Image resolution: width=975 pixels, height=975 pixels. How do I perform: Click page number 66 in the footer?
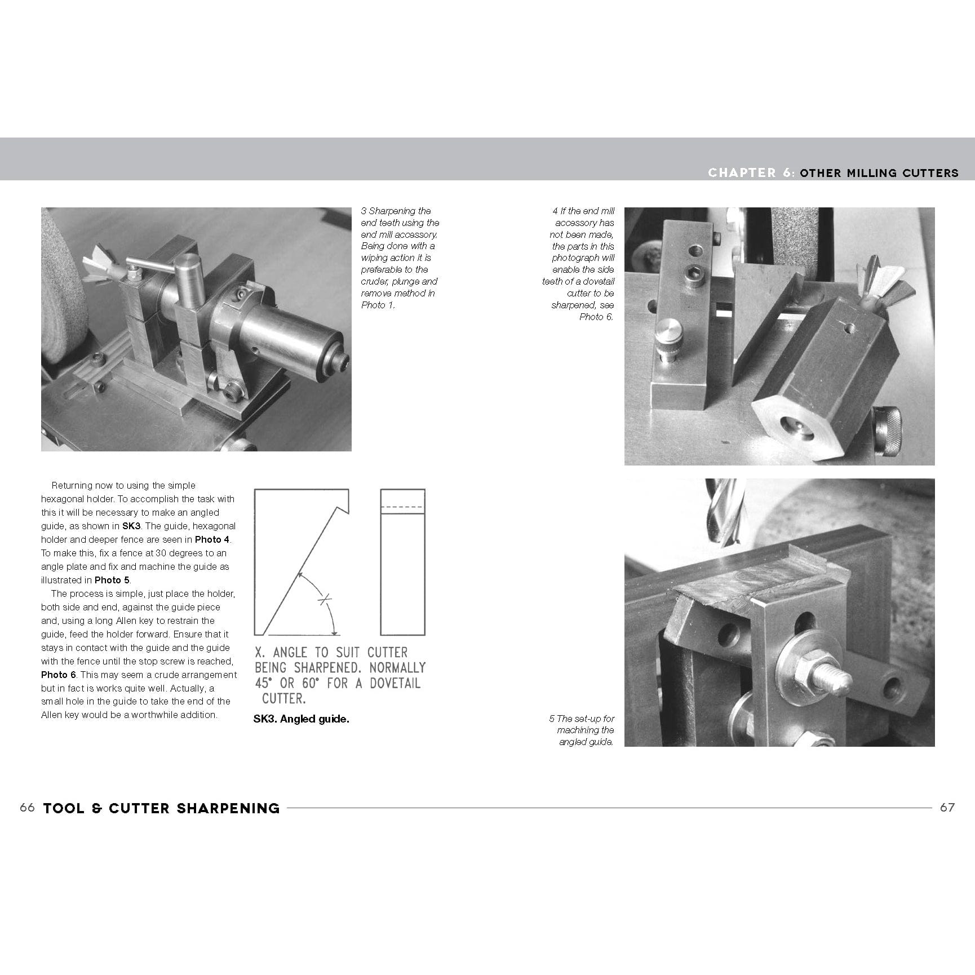[27, 808]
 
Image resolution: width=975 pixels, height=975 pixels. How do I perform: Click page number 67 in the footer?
[947, 808]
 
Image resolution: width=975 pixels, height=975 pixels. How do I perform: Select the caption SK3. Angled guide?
[301, 719]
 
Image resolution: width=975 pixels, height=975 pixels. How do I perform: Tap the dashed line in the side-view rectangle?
[402, 507]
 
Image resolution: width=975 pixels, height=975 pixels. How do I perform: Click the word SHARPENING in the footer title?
[228, 808]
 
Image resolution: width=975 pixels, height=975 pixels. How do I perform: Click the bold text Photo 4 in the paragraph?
[212, 539]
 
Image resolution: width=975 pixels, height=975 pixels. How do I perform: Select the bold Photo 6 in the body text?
[59, 675]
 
